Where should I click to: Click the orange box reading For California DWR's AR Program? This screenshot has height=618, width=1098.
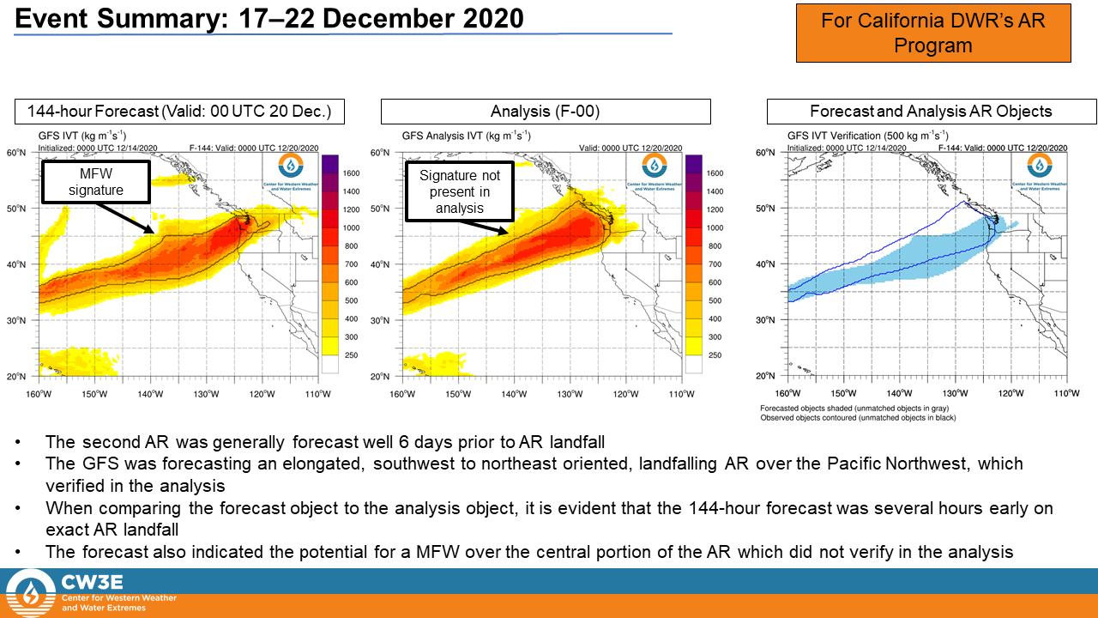pos(933,33)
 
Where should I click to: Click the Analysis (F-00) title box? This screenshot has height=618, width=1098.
pos(546,112)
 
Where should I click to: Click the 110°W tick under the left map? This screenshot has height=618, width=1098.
pos(317,394)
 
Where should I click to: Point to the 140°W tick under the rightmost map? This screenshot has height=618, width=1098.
pos(900,394)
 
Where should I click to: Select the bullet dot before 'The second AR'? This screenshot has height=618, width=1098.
pos(20,443)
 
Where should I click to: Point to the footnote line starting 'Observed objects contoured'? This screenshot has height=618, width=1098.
pos(858,418)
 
